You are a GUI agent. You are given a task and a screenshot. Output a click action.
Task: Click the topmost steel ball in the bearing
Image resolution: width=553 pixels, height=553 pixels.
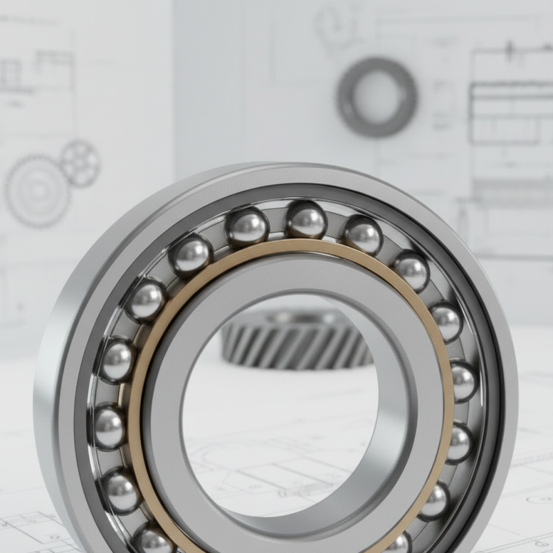coord(306,220)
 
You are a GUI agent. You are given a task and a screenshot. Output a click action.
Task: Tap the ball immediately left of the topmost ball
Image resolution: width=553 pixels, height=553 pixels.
coord(247,227)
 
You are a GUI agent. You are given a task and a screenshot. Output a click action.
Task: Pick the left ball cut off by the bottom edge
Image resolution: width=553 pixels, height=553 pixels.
coord(153,540)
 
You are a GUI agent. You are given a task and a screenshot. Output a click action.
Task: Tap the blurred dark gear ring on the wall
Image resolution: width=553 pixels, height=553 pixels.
coord(377,97)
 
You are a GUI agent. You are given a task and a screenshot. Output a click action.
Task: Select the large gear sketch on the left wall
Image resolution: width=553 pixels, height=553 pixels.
coord(37,191)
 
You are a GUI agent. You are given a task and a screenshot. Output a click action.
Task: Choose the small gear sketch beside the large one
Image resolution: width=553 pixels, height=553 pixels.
coord(79,163)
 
